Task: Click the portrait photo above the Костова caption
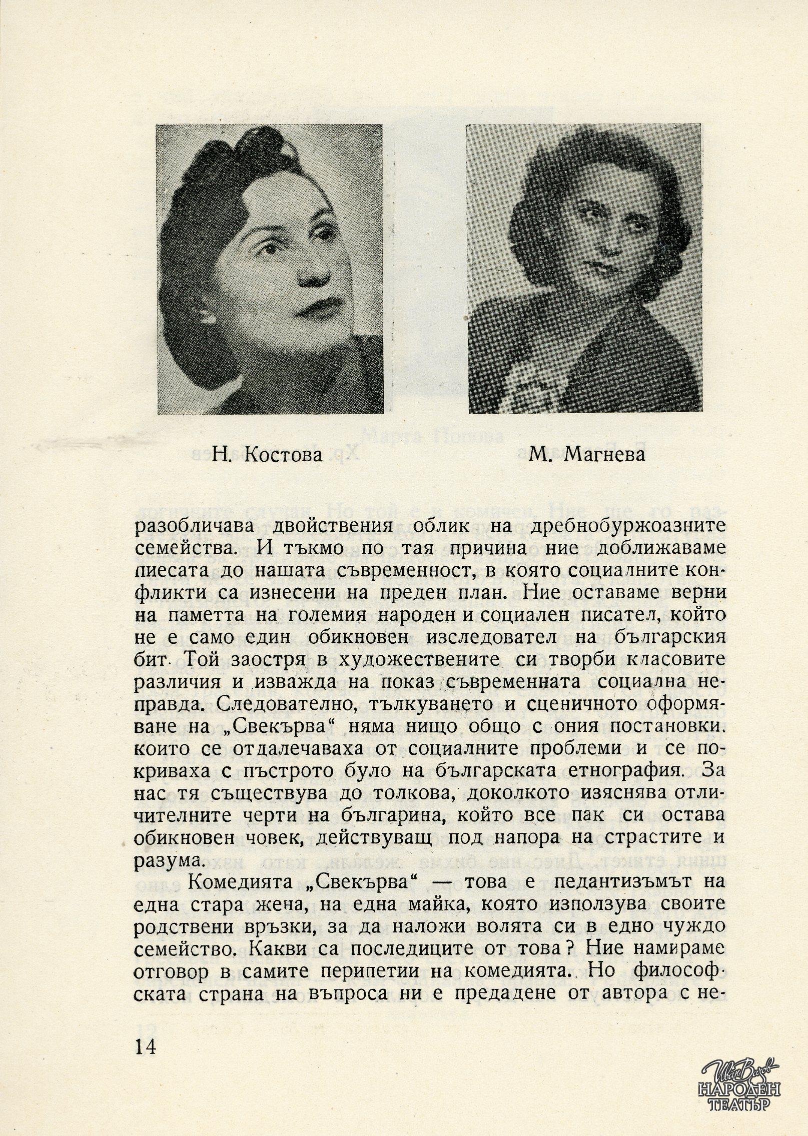pyautogui.click(x=270, y=269)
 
